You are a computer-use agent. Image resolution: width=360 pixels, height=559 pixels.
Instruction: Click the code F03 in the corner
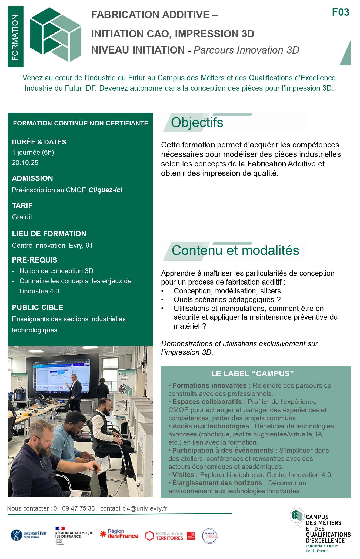[340, 12]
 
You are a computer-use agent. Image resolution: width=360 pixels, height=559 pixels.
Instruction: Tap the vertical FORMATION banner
[15, 37]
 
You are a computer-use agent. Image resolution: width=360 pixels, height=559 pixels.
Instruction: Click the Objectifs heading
[197, 123]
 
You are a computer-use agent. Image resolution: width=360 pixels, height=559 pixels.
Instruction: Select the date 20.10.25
[25, 163]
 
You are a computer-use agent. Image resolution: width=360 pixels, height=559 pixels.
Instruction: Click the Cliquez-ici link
[105, 190]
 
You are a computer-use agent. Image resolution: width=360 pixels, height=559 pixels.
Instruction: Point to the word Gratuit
[22, 217]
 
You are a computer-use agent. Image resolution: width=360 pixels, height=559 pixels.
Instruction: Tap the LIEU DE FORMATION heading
[49, 234]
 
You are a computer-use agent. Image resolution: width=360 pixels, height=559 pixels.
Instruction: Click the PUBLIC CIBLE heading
[38, 307]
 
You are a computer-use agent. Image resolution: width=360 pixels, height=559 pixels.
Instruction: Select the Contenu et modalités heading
[235, 250]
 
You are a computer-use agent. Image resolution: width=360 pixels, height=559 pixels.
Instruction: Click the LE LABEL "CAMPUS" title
[252, 374]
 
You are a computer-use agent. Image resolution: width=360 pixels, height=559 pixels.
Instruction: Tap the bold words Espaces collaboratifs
[207, 402]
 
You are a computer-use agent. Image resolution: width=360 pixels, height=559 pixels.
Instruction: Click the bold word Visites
[183, 475]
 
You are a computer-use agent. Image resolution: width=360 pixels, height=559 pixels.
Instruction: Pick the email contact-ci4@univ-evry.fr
[134, 508]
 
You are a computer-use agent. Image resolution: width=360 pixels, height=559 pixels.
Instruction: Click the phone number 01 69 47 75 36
[74, 508]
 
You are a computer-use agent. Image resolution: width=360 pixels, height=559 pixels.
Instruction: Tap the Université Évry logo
[29, 535]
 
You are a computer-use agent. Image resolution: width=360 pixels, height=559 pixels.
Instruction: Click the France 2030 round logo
[210, 536]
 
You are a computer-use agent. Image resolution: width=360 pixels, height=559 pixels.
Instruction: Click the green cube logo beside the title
[56, 35]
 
